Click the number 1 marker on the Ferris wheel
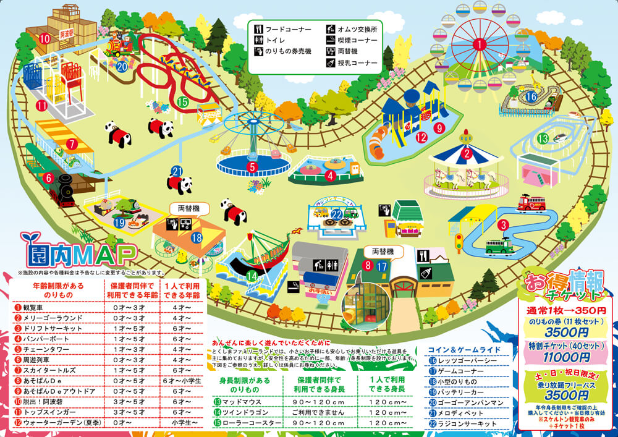click(x=479, y=44)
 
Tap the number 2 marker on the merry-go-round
click(x=467, y=154)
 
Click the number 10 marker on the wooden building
click(x=44, y=38)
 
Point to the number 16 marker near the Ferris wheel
click(x=531, y=96)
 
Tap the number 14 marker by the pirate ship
click(x=252, y=275)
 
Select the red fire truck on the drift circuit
click(x=531, y=203)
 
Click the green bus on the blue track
click(x=498, y=246)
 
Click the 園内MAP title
click(x=78, y=253)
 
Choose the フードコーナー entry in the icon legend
click(x=285, y=29)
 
